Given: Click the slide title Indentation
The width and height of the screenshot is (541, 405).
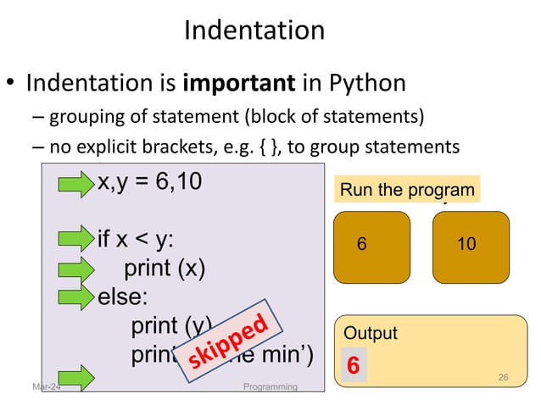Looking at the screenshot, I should tap(254, 31).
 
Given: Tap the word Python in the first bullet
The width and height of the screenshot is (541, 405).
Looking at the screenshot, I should tap(361, 85).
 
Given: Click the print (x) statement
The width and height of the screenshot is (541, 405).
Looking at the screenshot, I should tap(165, 269).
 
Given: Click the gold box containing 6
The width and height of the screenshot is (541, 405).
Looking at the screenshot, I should tap(371, 247).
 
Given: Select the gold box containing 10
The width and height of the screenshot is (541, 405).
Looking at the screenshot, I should tap(471, 247).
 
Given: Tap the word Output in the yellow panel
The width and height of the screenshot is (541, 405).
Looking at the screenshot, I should tap(370, 334).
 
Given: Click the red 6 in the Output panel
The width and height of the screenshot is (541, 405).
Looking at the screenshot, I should tap(354, 366).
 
